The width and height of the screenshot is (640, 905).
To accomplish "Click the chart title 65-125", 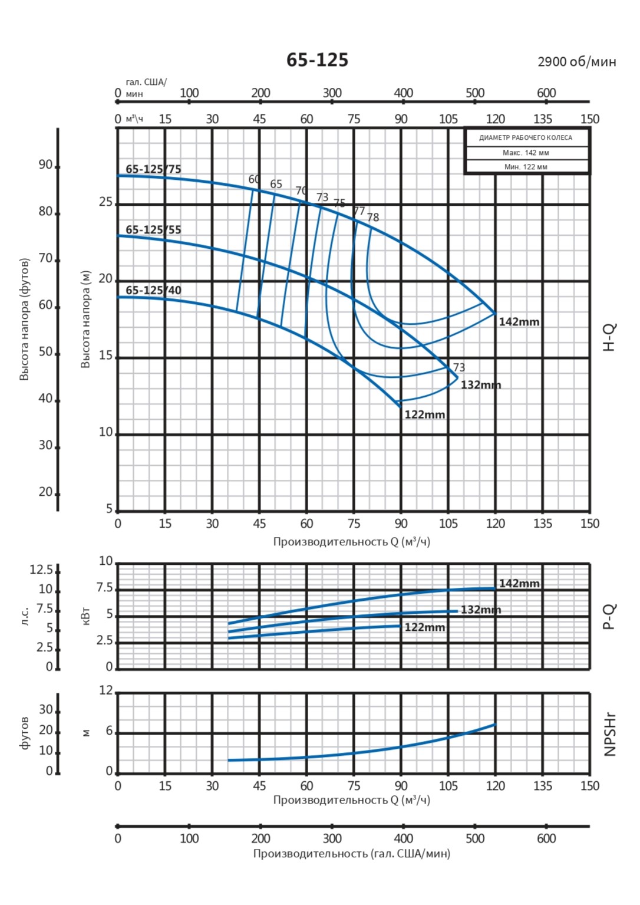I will (x=317, y=60).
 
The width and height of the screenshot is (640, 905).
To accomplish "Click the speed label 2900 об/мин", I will (x=576, y=62).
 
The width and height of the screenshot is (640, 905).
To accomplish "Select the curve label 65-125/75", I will (x=153, y=169).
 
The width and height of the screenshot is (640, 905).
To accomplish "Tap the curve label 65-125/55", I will (x=153, y=230).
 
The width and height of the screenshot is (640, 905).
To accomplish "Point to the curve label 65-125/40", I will (x=153, y=291).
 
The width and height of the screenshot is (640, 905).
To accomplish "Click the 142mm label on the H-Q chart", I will (x=519, y=322).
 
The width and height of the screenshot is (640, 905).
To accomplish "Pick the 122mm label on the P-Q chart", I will (x=424, y=627).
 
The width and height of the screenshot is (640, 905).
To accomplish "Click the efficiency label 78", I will (x=373, y=218).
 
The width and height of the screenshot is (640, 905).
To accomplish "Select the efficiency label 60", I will (x=254, y=179).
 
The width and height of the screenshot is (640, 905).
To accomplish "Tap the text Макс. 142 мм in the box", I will (x=526, y=153).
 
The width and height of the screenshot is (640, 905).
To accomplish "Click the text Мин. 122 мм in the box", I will (x=526, y=167).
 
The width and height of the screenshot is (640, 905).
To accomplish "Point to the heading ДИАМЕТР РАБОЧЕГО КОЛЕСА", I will (x=526, y=138).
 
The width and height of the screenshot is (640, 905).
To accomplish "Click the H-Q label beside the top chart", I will (x=610, y=337).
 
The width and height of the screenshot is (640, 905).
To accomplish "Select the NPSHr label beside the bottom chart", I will (x=610, y=734).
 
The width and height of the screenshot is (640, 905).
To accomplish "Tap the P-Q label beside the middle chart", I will (x=610, y=616).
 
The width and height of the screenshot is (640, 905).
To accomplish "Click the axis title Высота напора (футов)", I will (x=24, y=319).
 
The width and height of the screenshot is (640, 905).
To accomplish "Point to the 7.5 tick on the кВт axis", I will (x=105, y=588).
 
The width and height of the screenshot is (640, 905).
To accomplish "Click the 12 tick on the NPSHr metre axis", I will (x=105, y=690).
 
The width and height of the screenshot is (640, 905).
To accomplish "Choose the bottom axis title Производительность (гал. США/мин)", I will (x=351, y=854).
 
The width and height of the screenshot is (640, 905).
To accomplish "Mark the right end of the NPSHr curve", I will (x=495, y=724).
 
